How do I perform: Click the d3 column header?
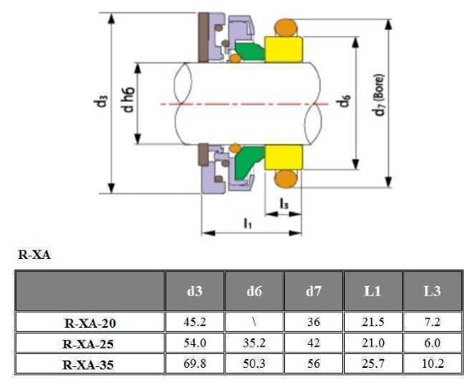pos(195,290)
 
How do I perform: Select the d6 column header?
pos(254,290)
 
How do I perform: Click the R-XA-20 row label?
pos(90,323)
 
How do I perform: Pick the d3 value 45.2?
pos(195,323)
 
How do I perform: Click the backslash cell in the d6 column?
pos(254,323)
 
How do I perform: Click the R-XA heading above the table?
pos(34,256)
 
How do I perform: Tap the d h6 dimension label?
pos(128,102)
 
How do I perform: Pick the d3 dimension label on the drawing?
pos(101,102)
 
